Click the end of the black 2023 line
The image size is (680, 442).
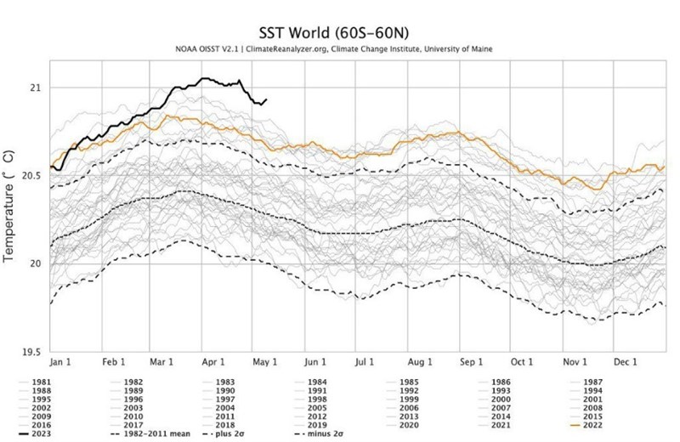coord(267,99)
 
